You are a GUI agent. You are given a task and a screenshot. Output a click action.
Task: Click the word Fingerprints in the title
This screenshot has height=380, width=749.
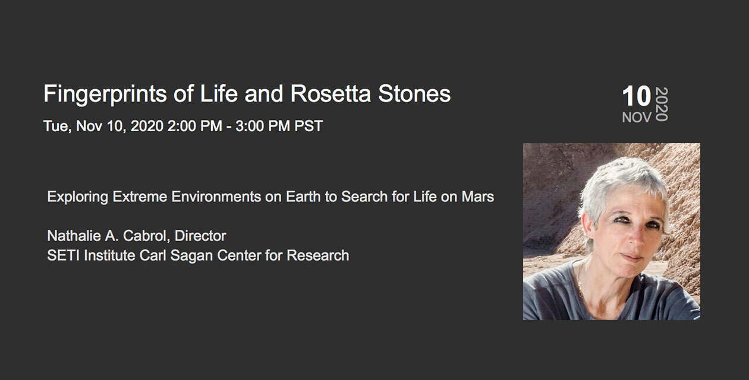tap(105, 94)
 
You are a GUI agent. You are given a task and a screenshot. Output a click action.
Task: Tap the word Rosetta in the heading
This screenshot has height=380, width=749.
tap(331, 93)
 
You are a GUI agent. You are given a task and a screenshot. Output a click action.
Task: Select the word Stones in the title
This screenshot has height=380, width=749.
tap(414, 93)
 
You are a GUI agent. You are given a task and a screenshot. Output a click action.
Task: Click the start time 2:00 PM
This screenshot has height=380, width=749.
tap(194, 126)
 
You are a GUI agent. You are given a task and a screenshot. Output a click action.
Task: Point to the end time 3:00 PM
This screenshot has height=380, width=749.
tap(263, 126)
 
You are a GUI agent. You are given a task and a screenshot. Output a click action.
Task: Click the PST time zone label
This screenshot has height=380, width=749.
tap(309, 126)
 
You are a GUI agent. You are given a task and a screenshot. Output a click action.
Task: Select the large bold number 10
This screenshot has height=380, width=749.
tap(636, 96)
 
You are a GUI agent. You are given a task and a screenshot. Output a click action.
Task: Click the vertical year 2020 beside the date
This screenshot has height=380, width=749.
tap(662, 104)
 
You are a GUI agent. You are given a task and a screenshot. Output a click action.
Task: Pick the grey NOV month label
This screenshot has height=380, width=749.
tap(637, 118)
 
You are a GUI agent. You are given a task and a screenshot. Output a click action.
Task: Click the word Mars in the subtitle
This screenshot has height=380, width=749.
tap(478, 197)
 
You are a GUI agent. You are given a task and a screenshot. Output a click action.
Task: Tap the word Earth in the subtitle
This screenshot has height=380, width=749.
tap(303, 197)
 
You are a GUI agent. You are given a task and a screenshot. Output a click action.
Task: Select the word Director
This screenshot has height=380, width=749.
tap(200, 236)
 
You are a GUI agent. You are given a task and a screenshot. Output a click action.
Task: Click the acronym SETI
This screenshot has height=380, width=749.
tap(63, 255)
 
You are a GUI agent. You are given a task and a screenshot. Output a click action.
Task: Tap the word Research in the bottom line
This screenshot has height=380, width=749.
tap(317, 255)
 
